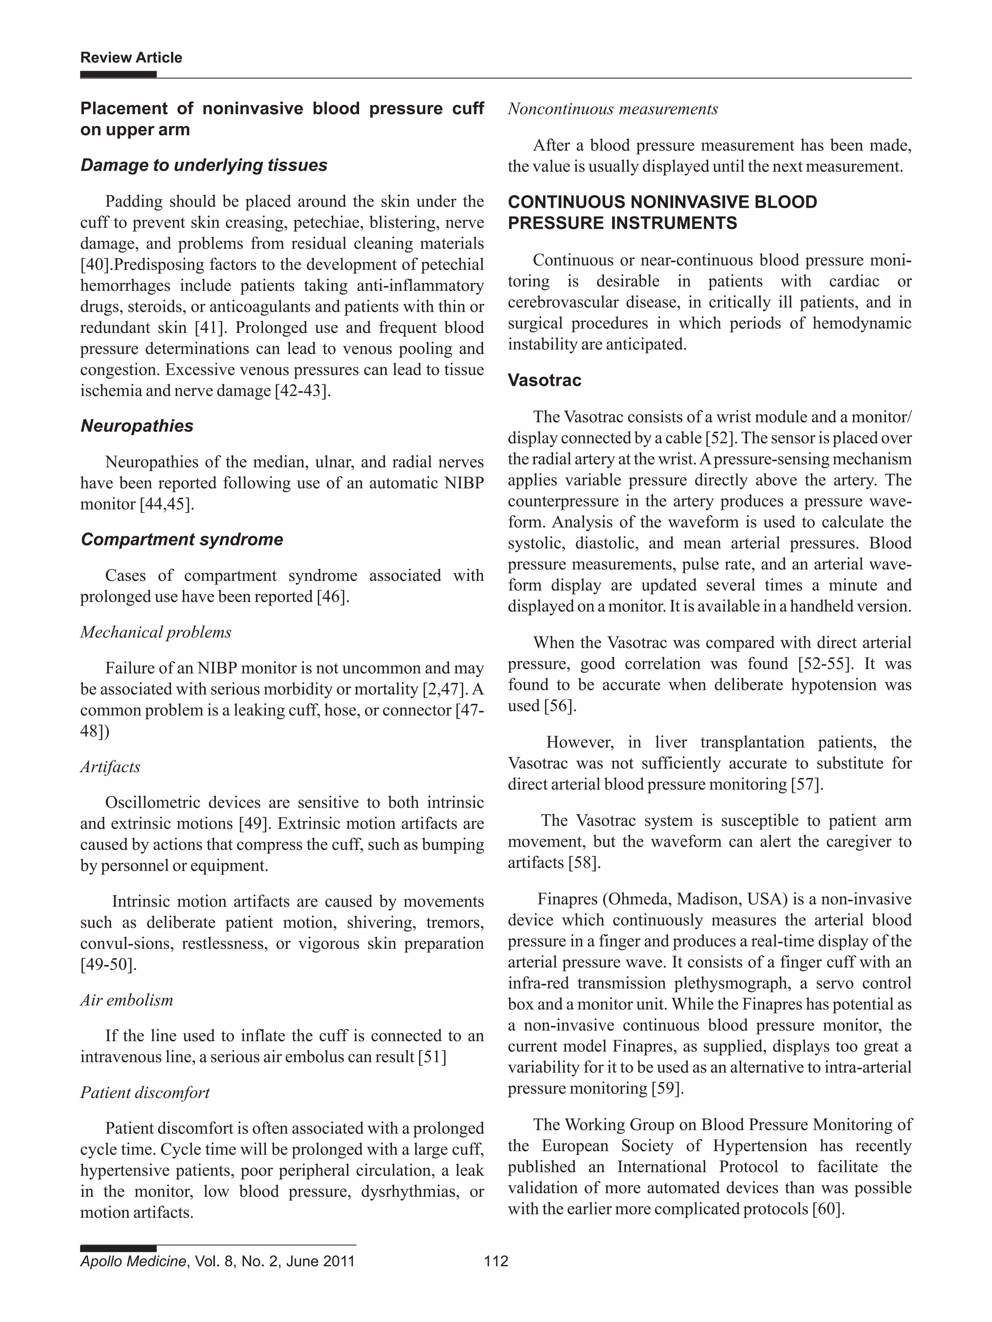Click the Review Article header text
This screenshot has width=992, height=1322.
[x=131, y=58]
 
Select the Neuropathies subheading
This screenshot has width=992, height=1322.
[x=137, y=425]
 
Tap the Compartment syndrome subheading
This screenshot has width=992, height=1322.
[x=182, y=539]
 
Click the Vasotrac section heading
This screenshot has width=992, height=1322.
[x=544, y=380]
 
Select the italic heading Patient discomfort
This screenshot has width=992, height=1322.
[x=145, y=1093]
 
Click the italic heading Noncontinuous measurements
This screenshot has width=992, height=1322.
[x=612, y=109]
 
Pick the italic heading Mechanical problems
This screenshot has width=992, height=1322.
[x=155, y=632]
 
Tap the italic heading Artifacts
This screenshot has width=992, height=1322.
[x=110, y=767]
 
